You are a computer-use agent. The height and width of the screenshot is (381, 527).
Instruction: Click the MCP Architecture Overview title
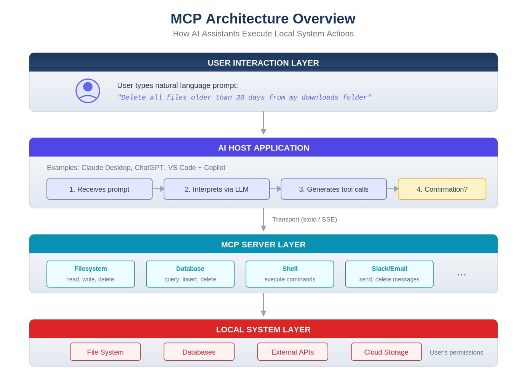point(263,19)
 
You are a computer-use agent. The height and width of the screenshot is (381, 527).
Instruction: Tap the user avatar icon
point(88,91)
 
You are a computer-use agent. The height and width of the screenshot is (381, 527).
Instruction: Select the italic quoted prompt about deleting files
point(244,98)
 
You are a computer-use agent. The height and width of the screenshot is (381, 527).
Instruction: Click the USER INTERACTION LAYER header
point(263,63)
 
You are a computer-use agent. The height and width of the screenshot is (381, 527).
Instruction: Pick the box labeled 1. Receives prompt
point(99,189)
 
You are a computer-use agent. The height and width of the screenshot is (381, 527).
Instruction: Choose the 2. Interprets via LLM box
point(216,189)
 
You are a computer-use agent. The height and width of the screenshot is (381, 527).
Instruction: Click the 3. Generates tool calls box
point(334,189)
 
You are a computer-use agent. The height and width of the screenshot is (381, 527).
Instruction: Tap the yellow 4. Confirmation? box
point(442,189)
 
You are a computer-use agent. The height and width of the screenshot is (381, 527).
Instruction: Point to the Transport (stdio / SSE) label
point(304,219)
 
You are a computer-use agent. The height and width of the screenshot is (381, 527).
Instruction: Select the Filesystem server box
point(91,274)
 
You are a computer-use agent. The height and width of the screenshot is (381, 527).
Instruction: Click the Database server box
point(190,274)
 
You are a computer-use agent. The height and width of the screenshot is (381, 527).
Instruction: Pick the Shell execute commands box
point(290,274)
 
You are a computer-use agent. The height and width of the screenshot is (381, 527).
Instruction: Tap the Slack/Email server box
point(389,274)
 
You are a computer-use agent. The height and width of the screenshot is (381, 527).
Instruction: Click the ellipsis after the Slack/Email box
point(462,274)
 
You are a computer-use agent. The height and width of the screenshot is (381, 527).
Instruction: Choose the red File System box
point(105,352)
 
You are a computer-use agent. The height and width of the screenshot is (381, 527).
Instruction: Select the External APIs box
point(292,352)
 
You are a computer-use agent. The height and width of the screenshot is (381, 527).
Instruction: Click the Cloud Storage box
point(386,352)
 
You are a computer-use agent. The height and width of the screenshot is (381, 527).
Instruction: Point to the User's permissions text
point(456,353)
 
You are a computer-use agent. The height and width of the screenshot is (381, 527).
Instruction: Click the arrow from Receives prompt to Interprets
point(158,189)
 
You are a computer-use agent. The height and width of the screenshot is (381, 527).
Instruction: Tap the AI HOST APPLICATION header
point(263,148)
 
